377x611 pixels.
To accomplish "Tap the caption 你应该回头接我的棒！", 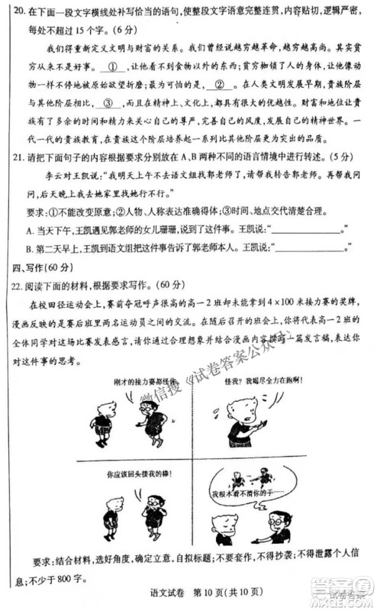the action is click(121, 474).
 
